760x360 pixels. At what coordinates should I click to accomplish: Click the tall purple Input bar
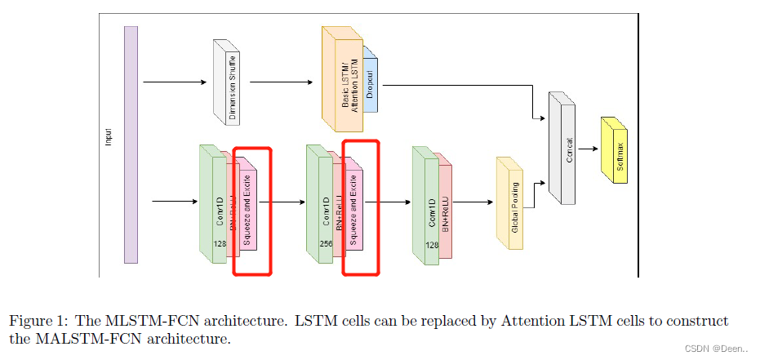pyautogui.click(x=131, y=144)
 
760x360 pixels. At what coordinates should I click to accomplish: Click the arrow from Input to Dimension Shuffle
pyautogui.click(x=176, y=82)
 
